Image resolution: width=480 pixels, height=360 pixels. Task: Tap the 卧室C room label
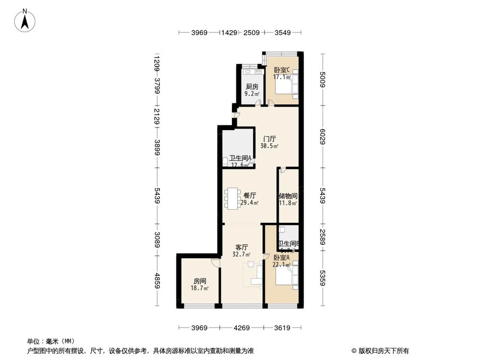[282, 70]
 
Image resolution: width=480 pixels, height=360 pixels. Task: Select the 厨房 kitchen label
[252, 87]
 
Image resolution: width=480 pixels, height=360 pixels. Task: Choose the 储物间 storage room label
[288, 196]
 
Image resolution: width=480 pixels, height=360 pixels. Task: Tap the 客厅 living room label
[241, 247]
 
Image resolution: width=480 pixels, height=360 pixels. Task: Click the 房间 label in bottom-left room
[200, 281]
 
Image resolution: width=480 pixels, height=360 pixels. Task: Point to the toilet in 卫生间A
[226, 163]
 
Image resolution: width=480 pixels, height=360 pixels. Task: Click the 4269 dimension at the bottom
[242, 328]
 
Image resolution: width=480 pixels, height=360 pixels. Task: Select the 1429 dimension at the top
[229, 33]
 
